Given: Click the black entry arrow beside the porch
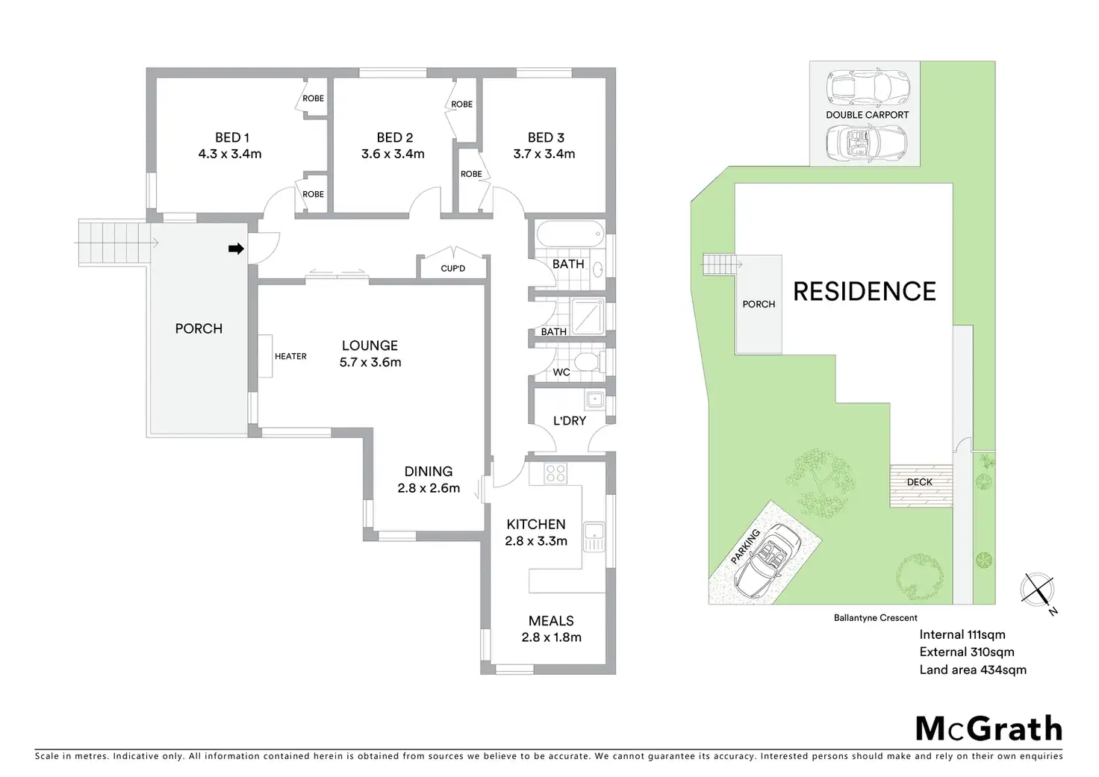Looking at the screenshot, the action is click(x=236, y=249).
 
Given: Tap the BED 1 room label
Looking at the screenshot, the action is click(x=231, y=137).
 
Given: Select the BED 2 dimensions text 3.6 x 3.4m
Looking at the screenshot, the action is click(x=393, y=155).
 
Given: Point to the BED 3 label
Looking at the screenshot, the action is click(x=546, y=137).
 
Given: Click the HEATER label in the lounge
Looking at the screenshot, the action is click(x=290, y=356).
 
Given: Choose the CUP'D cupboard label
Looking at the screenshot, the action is click(x=452, y=268).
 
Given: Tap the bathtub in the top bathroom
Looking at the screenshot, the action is click(x=571, y=238).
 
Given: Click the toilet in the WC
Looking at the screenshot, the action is click(x=590, y=363).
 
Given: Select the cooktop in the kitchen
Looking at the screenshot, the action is click(x=555, y=472).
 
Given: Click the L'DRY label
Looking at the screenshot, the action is click(x=569, y=421).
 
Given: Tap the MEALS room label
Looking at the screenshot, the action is click(x=551, y=621).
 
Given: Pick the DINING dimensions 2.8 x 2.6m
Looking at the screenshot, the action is click(x=429, y=489).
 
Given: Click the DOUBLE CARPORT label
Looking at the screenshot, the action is click(x=867, y=115).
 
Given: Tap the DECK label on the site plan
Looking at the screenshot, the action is click(x=919, y=482).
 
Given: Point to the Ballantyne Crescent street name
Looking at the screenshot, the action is click(x=875, y=618).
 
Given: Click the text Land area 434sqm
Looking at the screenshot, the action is click(x=972, y=670).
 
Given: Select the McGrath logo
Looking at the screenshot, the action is click(x=989, y=728).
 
